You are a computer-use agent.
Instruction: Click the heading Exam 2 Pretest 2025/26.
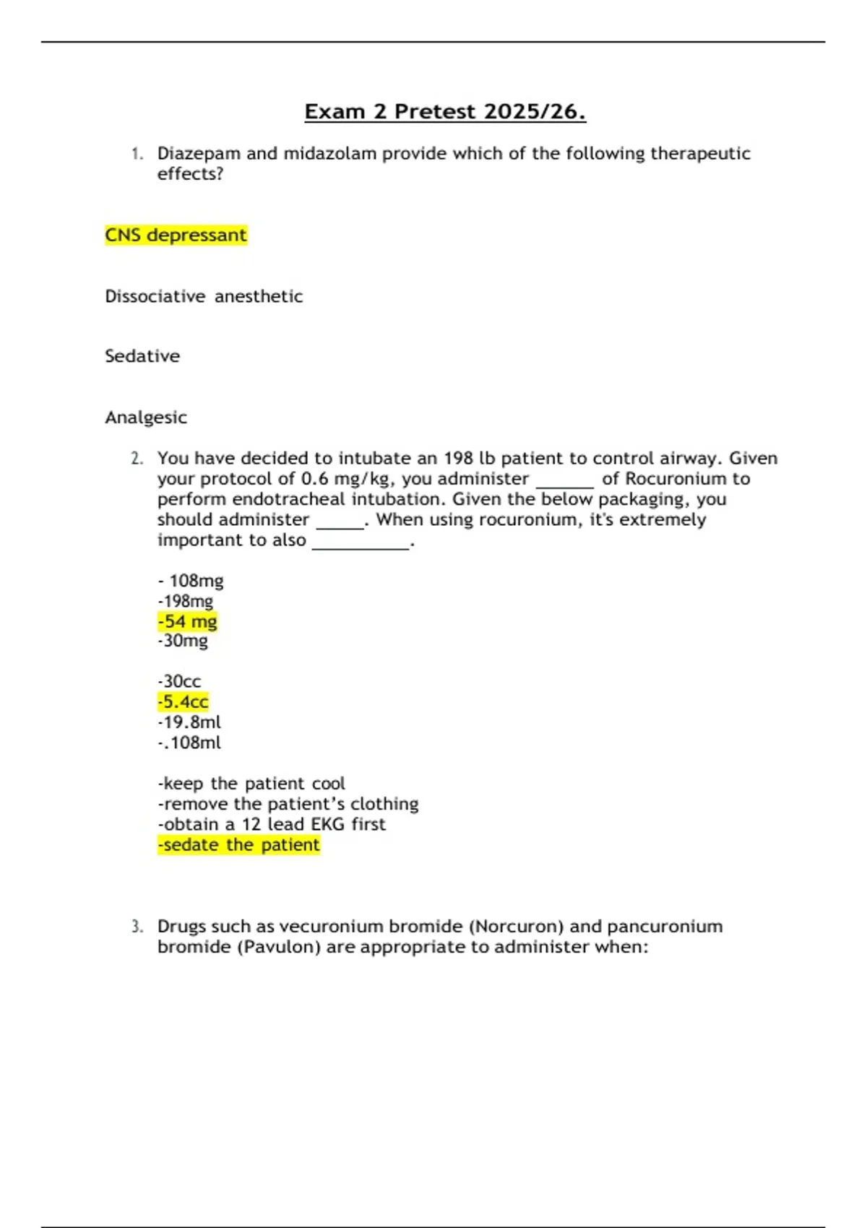pos(444,112)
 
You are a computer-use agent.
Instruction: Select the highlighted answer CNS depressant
pos(176,235)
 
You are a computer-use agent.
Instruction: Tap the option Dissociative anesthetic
pos(204,296)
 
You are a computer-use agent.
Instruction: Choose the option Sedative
pos(142,356)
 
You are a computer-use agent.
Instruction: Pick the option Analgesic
pos(146,418)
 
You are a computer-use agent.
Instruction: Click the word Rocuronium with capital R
pos(676,479)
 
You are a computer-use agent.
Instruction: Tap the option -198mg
pos(186,601)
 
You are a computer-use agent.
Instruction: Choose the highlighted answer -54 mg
pos(187,621)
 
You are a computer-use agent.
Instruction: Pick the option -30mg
pos(183,641)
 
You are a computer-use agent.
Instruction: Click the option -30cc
pos(179,681)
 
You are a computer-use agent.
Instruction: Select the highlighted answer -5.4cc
pos(183,702)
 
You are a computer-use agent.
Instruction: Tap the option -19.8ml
pos(189,722)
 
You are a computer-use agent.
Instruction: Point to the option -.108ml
pos(189,743)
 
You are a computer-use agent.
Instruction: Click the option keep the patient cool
pos(251,784)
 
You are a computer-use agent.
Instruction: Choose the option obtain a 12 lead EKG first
pos(272,824)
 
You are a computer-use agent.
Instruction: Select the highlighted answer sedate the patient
pos(238,845)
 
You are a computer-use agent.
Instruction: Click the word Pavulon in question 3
pos(279,947)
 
